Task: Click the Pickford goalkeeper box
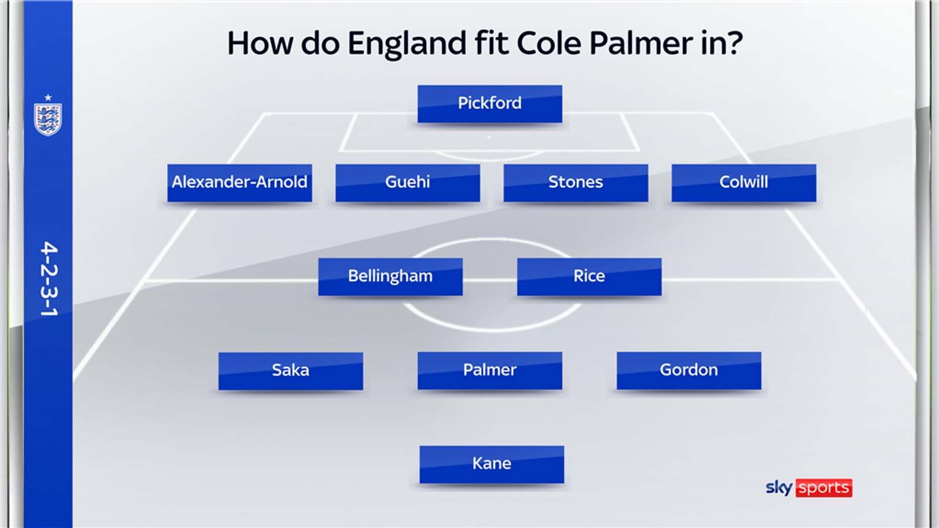489,104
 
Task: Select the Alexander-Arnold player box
239,182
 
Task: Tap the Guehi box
407,182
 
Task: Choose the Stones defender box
575,182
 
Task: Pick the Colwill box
744,182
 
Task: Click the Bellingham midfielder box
390,276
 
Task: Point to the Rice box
589,276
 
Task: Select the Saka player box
291,370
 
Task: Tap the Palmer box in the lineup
489,370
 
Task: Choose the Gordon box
688,370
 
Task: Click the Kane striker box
491,464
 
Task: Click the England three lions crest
48,119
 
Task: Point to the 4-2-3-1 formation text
49,279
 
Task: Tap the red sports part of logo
823,488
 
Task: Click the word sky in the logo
779,488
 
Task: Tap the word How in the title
260,43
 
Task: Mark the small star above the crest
48,97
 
